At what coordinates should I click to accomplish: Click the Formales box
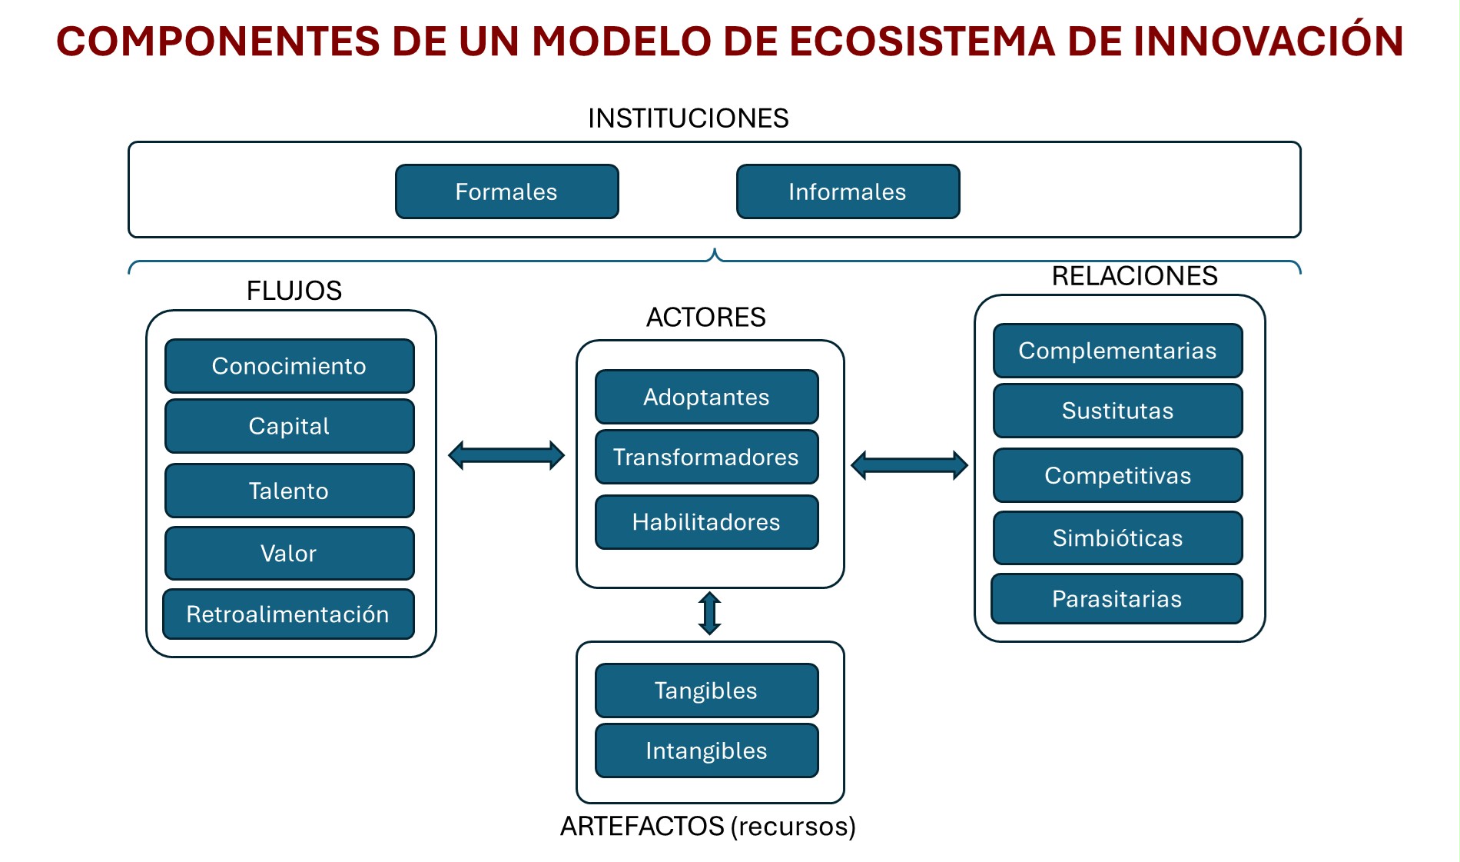(x=507, y=191)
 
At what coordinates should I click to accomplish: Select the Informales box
(x=848, y=191)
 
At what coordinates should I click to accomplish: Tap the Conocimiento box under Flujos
(x=290, y=366)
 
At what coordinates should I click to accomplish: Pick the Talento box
(x=290, y=491)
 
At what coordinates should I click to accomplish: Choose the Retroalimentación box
(x=289, y=614)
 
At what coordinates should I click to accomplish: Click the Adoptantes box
(x=707, y=397)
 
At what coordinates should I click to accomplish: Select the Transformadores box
(x=707, y=457)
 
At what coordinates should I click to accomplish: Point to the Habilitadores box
(x=707, y=522)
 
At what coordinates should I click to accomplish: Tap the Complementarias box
(x=1118, y=351)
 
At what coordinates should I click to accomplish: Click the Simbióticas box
(x=1118, y=538)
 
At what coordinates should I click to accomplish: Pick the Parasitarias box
(x=1117, y=599)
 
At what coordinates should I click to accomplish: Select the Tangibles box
(x=707, y=691)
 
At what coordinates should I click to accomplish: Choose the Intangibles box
(x=707, y=751)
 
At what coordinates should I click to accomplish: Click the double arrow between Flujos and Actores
(x=506, y=455)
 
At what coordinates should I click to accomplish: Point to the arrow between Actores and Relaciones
(x=910, y=465)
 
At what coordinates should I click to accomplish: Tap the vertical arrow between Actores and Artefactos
(x=709, y=614)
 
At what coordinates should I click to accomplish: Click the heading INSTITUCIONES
(x=689, y=118)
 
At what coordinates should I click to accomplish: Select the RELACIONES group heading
(x=1135, y=276)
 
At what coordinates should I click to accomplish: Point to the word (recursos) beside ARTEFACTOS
(x=793, y=827)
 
